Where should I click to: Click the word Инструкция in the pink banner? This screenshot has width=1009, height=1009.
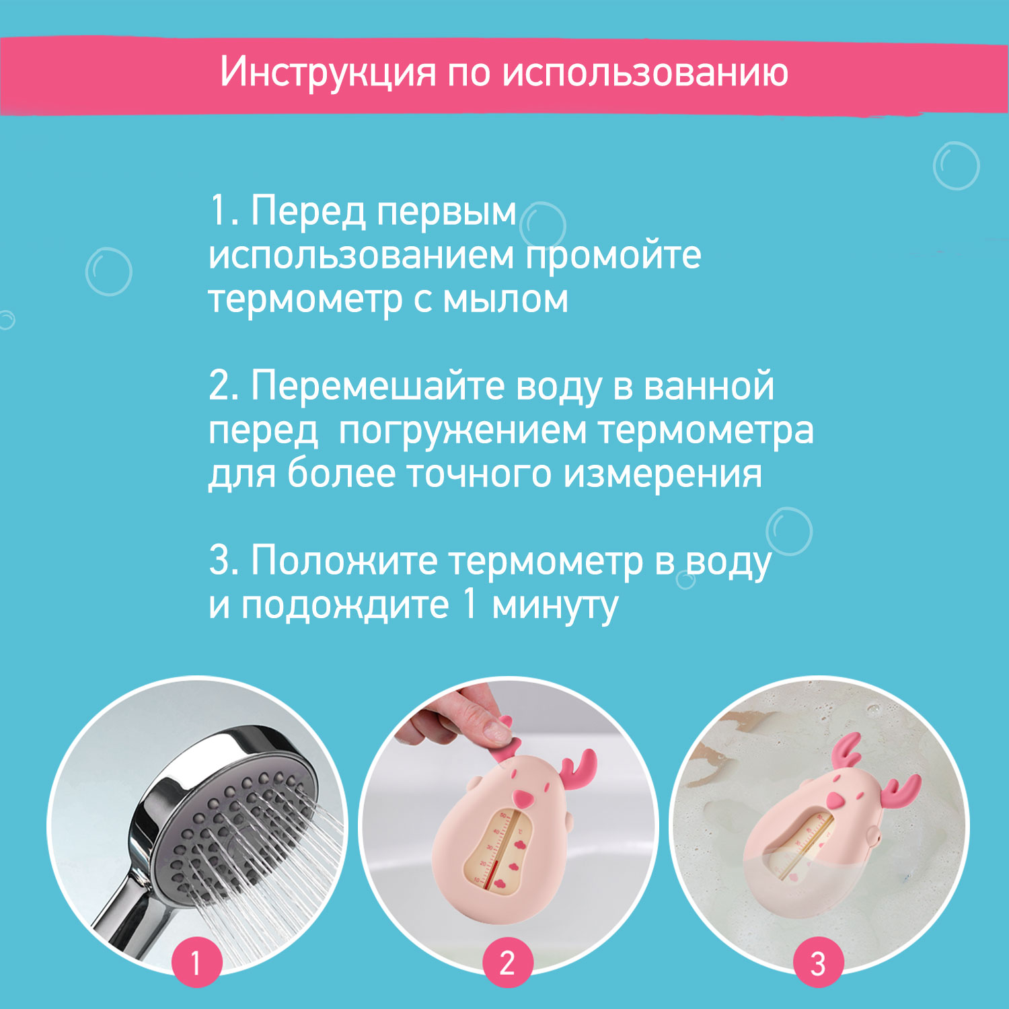coord(328,73)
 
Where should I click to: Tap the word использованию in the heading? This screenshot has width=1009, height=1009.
coord(646,72)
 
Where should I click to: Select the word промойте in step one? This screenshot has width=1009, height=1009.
coord(613,257)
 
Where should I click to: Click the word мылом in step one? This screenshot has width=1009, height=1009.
coord(505,300)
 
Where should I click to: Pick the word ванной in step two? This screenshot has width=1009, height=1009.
coord(709,387)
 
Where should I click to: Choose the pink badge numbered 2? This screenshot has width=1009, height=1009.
coord(508,963)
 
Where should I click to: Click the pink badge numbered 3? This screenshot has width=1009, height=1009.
coord(818,963)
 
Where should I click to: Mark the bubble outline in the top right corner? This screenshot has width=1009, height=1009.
coord(957,165)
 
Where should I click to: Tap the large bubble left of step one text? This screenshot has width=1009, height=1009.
coord(109,272)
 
